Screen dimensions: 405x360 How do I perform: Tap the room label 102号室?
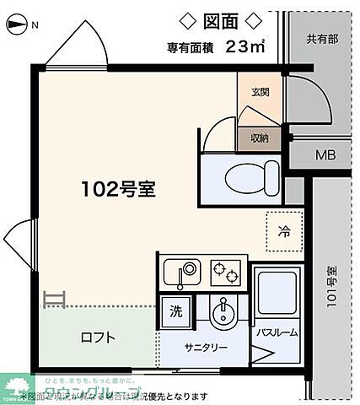point(118,190)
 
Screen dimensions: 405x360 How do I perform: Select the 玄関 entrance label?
point(259,92)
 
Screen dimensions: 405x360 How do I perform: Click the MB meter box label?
point(325,154)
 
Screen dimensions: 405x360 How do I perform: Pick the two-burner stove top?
point(225,272)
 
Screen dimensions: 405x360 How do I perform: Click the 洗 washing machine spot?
point(175,310)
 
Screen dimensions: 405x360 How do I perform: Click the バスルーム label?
point(277,332)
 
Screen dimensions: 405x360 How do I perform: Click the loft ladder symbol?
point(54,298)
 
